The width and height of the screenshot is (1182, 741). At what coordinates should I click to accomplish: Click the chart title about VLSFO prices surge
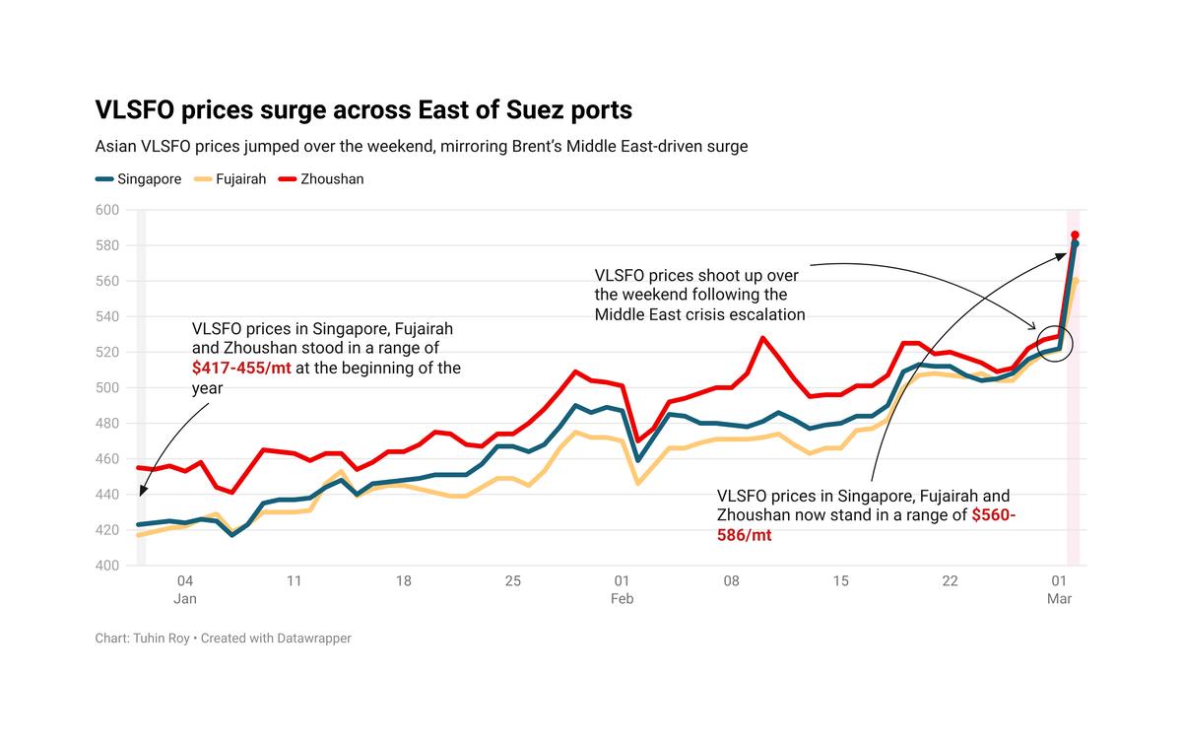click(363, 109)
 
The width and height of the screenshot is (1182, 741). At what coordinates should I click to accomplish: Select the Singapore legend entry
click(139, 179)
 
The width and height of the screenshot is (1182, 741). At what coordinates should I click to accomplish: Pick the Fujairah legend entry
click(231, 179)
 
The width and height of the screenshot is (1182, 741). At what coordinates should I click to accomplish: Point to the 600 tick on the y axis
click(106, 210)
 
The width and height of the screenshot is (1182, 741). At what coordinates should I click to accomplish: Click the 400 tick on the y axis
click(106, 566)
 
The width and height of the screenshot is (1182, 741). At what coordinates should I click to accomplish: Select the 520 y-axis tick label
click(106, 353)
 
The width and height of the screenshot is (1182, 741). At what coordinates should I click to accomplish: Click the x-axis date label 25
click(513, 581)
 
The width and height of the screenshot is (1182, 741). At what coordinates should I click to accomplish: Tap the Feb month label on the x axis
click(622, 599)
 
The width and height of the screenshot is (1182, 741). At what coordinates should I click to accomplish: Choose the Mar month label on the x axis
click(1059, 599)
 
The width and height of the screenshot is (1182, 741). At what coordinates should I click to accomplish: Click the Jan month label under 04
click(185, 599)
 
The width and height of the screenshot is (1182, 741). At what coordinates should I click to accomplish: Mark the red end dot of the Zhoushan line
click(1075, 236)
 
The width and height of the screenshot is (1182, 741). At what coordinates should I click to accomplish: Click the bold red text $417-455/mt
click(241, 369)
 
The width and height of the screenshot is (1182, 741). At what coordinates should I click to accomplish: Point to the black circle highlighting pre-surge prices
click(1055, 344)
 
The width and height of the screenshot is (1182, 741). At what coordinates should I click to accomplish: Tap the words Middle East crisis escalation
click(699, 314)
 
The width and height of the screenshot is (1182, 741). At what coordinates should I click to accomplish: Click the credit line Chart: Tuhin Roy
click(145, 639)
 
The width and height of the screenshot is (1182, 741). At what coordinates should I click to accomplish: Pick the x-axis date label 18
click(404, 581)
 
